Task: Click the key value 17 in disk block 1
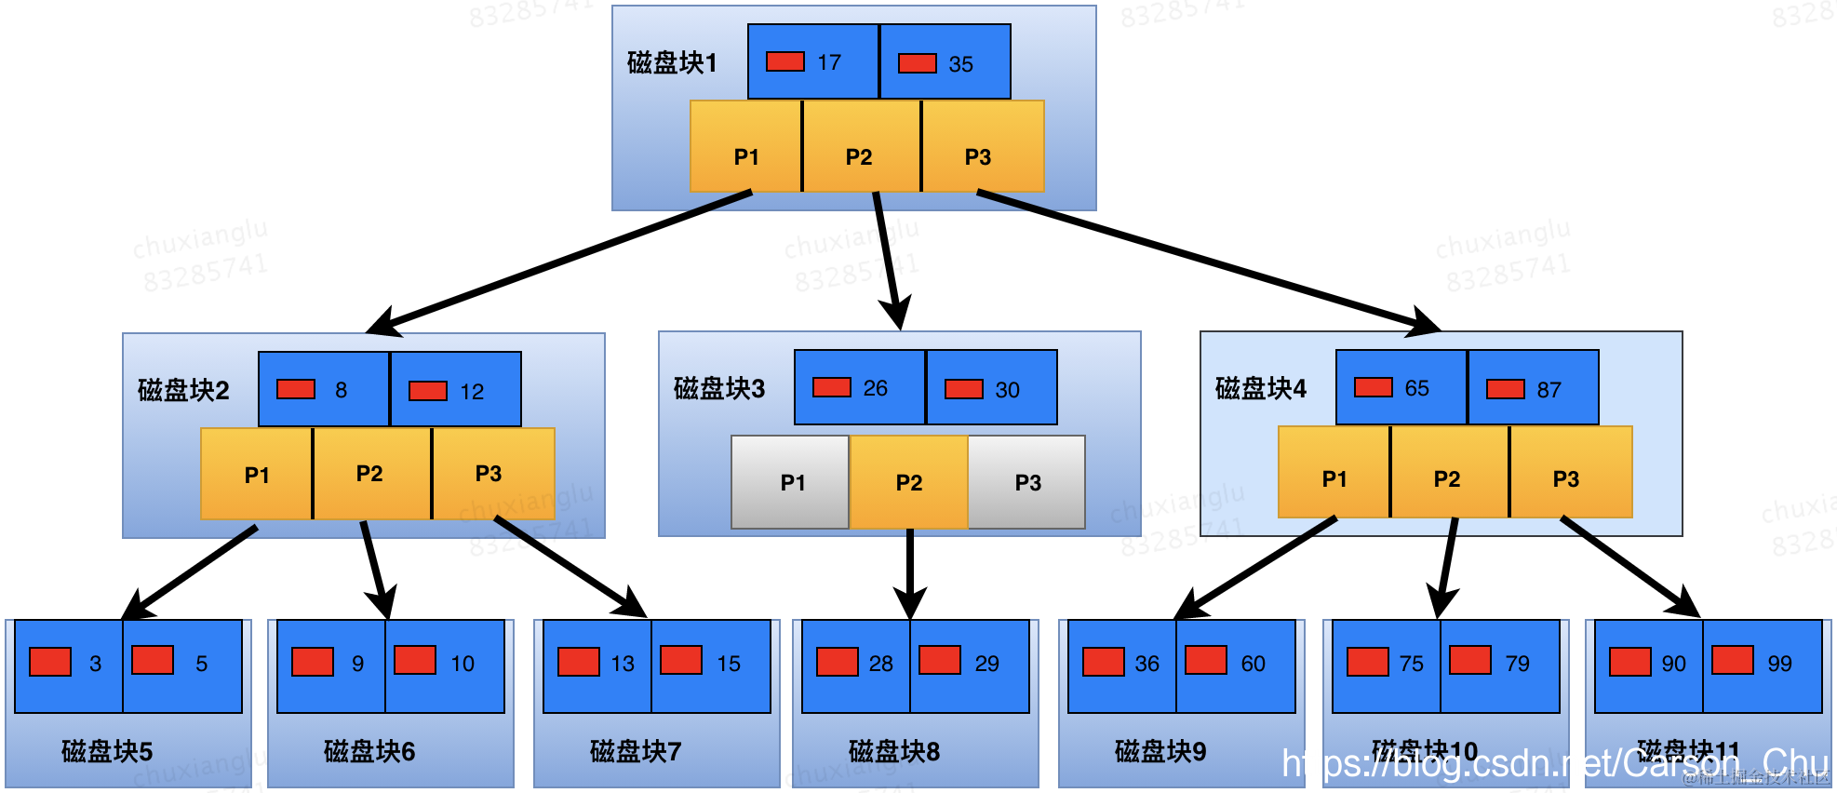pyautogui.click(x=829, y=62)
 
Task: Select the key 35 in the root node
pyautogui.click(x=960, y=64)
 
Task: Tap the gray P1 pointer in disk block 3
pyautogui.click(x=791, y=482)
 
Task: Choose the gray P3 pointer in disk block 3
pyautogui.click(x=1027, y=482)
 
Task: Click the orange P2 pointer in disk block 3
pyautogui.click(x=908, y=482)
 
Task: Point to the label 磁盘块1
pyautogui.click(x=672, y=62)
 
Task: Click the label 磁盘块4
pyautogui.click(x=1260, y=388)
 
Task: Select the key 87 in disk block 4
pyautogui.click(x=1549, y=390)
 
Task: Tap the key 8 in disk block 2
pyautogui.click(x=341, y=390)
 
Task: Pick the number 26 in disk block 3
pyautogui.click(x=875, y=388)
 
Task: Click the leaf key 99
pyautogui.click(x=1779, y=664)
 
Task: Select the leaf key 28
pyautogui.click(x=880, y=664)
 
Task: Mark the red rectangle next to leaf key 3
pyautogui.click(x=50, y=662)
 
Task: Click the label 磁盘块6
pyautogui.click(x=369, y=751)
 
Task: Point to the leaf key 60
pyautogui.click(x=1253, y=664)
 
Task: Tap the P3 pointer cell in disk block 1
pyautogui.click(x=979, y=156)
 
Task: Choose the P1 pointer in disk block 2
pyautogui.click(x=257, y=475)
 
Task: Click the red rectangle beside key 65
pyautogui.click(x=1373, y=387)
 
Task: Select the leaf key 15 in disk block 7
pyautogui.click(x=728, y=664)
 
